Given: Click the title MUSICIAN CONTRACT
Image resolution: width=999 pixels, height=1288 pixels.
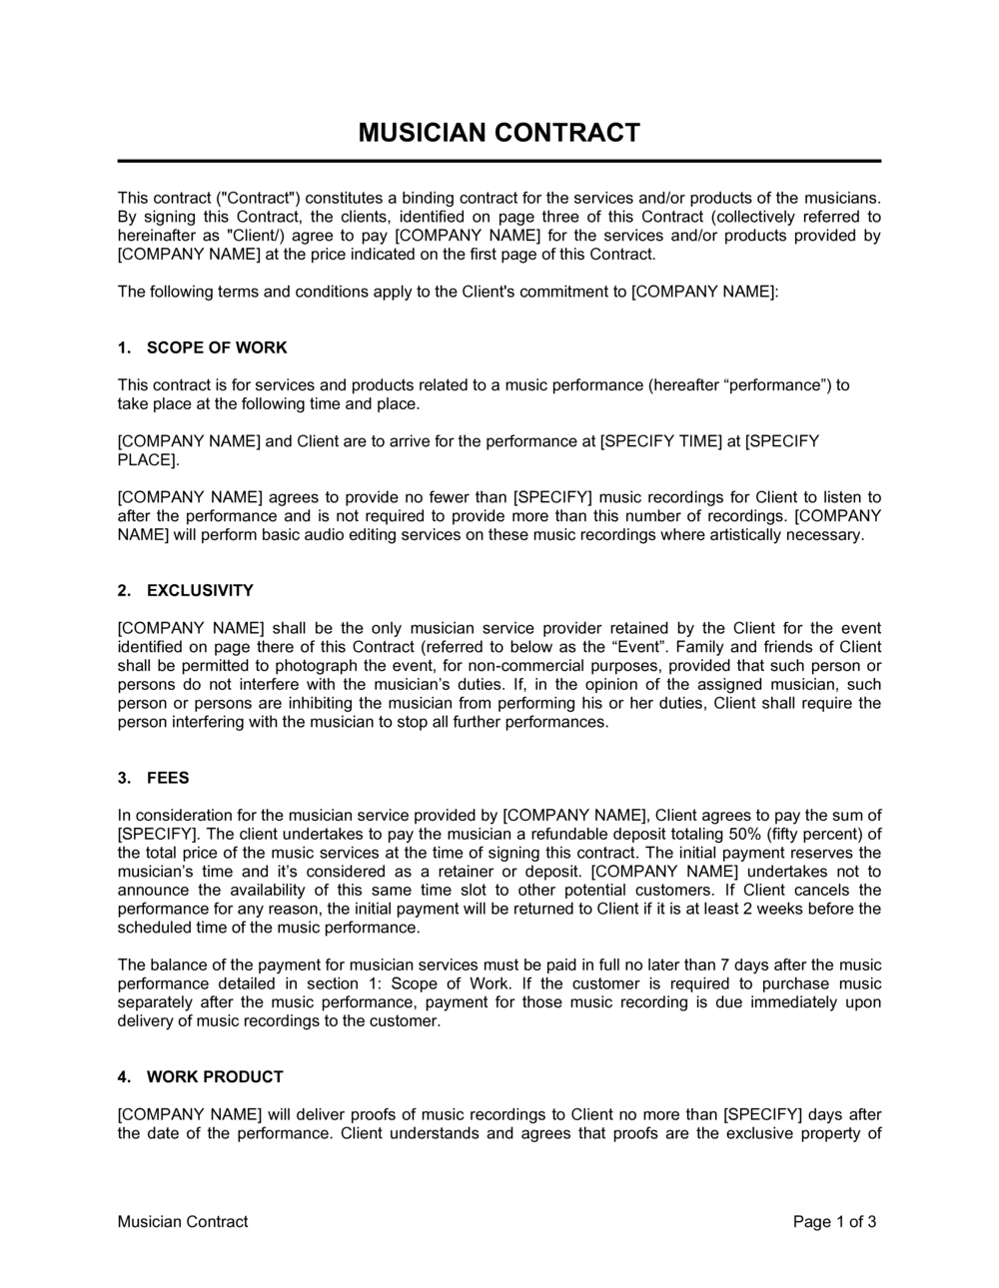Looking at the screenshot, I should tap(499, 133).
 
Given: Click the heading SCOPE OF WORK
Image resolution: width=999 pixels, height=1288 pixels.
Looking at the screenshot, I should tap(217, 347).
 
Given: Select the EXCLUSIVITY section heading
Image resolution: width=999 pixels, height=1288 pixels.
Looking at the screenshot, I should tap(200, 590).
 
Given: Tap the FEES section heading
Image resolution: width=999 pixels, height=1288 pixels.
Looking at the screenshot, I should tap(168, 778).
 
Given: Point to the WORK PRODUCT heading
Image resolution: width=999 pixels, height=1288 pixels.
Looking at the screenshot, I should tap(215, 1076).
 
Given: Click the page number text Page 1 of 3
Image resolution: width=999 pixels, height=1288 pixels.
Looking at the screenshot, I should tap(835, 1221).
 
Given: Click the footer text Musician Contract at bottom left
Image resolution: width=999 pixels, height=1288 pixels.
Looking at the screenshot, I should tap(183, 1221).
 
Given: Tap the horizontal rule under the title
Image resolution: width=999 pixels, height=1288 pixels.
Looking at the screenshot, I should tap(499, 161).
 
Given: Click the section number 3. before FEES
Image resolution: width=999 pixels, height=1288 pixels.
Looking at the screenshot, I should tap(124, 778).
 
